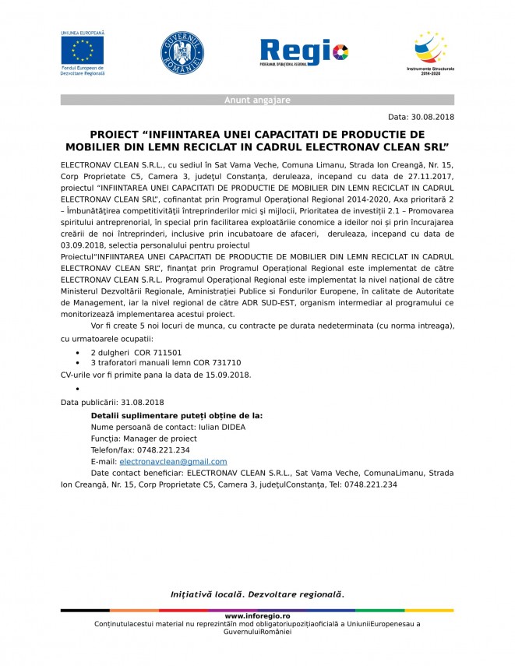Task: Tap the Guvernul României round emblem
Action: coord(182,52)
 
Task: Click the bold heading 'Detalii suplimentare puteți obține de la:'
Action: coord(177,415)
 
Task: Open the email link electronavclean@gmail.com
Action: coord(173,461)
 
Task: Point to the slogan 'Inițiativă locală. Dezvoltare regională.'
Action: coord(257,594)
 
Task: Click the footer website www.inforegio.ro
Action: coord(257,616)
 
